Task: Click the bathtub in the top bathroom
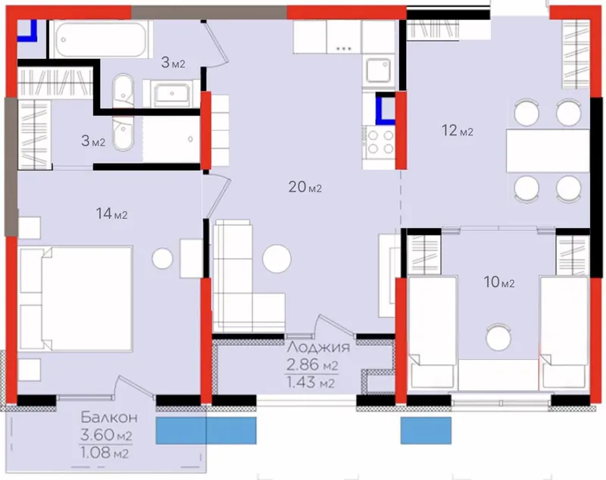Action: (x=101, y=39)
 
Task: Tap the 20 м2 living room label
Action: (x=305, y=187)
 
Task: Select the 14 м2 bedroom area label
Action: (x=111, y=214)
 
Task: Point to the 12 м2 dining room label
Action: (x=458, y=130)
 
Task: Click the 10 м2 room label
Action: (x=499, y=282)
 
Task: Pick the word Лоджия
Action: (x=318, y=348)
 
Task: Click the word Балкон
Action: (x=109, y=417)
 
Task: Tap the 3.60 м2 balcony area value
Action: (x=106, y=435)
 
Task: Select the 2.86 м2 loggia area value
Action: (x=312, y=364)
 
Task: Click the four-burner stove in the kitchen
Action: (x=380, y=142)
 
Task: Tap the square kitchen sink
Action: (x=378, y=70)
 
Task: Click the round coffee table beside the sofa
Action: (x=276, y=259)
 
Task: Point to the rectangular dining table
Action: (x=548, y=151)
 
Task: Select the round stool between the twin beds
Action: (x=498, y=337)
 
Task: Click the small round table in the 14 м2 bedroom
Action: (x=162, y=259)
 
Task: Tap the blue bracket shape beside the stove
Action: (x=383, y=109)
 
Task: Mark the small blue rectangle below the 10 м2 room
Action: (x=426, y=430)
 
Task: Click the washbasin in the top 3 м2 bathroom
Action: (x=172, y=94)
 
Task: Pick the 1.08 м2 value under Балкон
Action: (x=105, y=452)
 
